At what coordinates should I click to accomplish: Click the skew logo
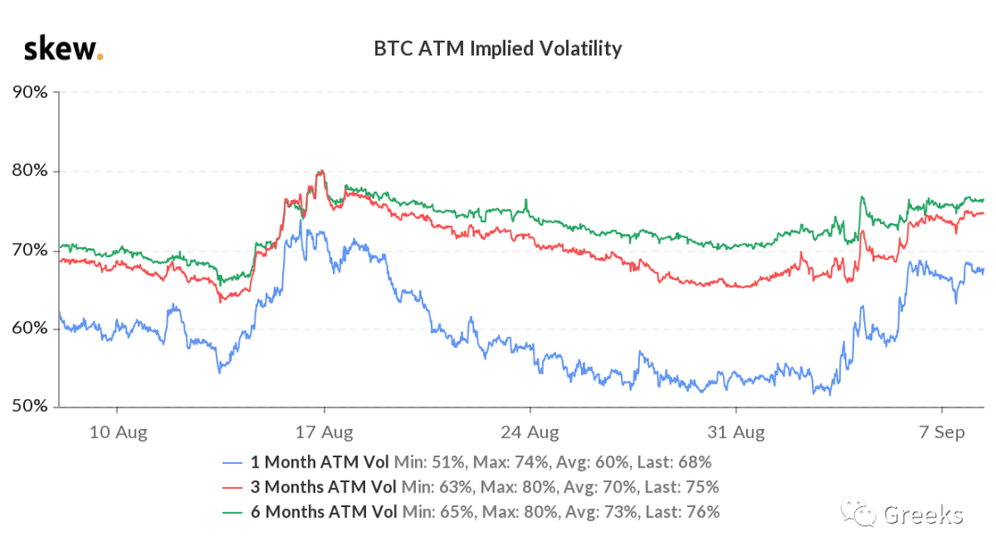64,49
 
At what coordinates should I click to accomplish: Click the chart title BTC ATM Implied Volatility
497,49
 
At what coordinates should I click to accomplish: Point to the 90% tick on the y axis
30,92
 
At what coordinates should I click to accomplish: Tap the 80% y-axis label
30,171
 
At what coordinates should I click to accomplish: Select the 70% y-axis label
30,250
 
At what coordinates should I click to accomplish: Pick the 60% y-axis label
30,328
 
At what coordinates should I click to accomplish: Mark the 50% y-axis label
30,406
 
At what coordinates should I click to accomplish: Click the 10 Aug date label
118,432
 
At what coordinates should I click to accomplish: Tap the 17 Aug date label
324,432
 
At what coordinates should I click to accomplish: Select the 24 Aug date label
529,432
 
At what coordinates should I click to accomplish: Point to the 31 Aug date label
736,432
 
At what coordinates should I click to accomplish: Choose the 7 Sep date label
942,432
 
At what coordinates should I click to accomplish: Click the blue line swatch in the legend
232,463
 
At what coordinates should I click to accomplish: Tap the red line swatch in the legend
232,488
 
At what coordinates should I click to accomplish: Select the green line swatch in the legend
232,513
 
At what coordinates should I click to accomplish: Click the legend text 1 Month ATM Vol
319,462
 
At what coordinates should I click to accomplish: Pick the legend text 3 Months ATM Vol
324,487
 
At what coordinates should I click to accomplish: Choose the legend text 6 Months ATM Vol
324,512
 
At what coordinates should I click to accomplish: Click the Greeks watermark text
923,515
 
